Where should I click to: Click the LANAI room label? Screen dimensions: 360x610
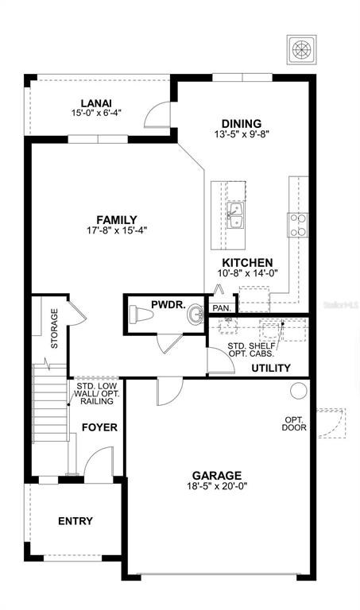click(96, 103)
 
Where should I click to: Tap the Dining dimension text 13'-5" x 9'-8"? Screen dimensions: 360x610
click(242, 133)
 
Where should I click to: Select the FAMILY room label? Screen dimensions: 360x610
click(117, 220)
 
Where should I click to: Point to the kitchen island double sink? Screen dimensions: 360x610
click(235, 215)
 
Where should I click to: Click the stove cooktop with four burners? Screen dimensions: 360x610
click(298, 226)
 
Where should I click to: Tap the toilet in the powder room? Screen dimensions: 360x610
click(141, 314)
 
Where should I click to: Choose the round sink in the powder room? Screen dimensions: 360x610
click(195, 315)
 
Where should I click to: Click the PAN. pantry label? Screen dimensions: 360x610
click(223, 308)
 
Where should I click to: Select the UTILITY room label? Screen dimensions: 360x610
click(271, 368)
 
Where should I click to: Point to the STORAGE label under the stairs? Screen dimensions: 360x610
click(55, 328)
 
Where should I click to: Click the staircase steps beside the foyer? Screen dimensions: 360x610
click(50, 403)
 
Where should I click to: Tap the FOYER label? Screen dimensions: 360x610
click(99, 427)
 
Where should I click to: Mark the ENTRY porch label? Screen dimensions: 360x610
click(75, 521)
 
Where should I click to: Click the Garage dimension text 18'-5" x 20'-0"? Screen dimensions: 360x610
click(217, 486)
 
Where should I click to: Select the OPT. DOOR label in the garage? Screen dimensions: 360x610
click(294, 423)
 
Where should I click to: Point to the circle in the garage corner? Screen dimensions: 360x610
click(299, 390)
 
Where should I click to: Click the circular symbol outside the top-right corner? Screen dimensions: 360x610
click(302, 49)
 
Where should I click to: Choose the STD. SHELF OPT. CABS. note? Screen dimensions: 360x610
click(251, 349)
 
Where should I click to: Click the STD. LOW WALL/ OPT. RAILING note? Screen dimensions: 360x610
click(97, 394)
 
